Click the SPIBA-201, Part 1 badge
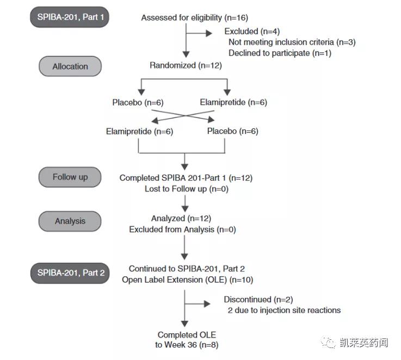(70, 17)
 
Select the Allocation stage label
(70, 66)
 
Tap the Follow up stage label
(70, 177)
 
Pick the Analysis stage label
(70, 221)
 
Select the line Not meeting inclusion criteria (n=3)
(292, 42)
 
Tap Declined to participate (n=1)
(280, 53)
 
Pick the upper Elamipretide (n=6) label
(233, 102)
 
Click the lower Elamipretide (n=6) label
(139, 131)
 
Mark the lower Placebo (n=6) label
(232, 131)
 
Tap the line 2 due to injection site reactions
(284, 310)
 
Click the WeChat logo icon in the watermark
(328, 343)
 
